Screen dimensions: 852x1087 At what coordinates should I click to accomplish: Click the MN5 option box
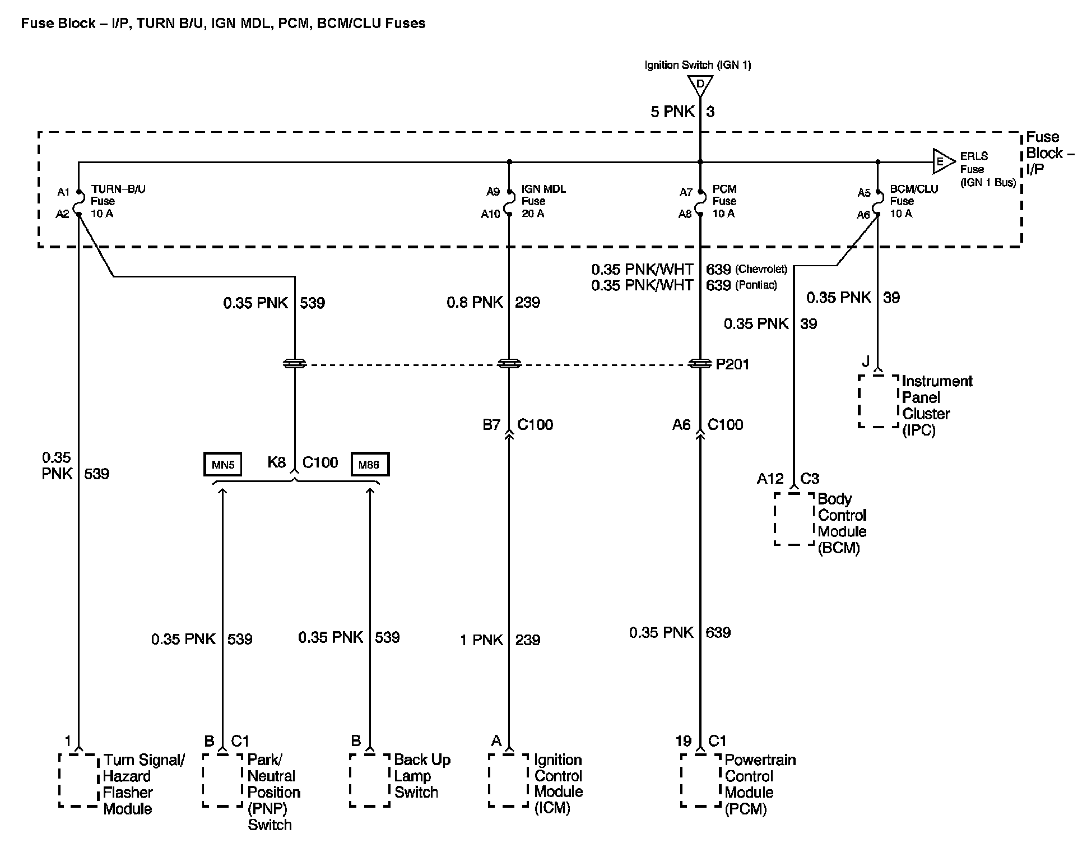[222, 465]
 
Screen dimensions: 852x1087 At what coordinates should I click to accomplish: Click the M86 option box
[369, 465]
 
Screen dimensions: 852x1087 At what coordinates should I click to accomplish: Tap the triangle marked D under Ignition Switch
[700, 85]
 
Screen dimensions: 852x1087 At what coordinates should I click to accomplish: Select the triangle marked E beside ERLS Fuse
[943, 162]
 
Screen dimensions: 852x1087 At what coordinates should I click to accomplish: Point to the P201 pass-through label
[732, 364]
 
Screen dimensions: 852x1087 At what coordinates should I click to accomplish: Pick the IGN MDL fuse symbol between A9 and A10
[509, 202]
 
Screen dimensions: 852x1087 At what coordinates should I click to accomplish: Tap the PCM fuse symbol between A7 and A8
[700, 202]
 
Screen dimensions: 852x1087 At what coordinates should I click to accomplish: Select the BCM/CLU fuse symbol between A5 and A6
[877, 202]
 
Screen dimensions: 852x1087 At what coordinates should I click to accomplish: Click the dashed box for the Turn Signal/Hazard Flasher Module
[78, 780]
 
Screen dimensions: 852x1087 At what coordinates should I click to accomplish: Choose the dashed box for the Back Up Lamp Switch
[369, 780]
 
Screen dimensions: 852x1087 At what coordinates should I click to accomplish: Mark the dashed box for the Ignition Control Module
[509, 780]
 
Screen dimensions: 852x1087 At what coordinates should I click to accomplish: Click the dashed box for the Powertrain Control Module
[700, 780]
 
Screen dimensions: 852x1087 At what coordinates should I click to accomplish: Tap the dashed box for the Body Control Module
[794, 518]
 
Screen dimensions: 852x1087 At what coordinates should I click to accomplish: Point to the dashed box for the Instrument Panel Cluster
[879, 401]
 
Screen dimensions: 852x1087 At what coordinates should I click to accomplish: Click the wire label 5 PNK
[672, 112]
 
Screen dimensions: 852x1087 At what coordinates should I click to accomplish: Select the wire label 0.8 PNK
[475, 303]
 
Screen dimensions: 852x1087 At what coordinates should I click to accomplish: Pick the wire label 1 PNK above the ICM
[481, 640]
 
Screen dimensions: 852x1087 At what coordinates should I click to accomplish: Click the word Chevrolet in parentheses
[763, 269]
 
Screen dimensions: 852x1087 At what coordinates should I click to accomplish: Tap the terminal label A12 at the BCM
[770, 479]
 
